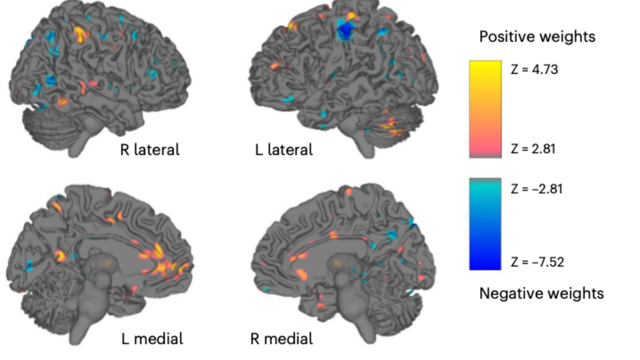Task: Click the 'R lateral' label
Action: click(x=150, y=150)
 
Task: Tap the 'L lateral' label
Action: click(x=284, y=150)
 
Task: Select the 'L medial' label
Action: click(x=152, y=339)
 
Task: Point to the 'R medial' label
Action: click(x=281, y=339)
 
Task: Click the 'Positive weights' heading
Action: click(x=537, y=37)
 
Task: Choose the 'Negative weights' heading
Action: click(x=541, y=293)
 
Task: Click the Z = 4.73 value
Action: click(x=534, y=69)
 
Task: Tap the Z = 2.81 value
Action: click(x=533, y=149)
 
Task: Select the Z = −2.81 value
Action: click(x=537, y=189)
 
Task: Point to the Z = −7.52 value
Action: click(x=537, y=262)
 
